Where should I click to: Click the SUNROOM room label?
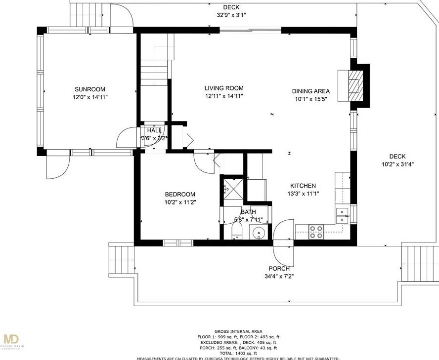click(x=90, y=89)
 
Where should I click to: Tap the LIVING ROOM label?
click(x=224, y=88)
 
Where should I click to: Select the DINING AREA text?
click(x=310, y=91)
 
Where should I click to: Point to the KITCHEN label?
click(x=303, y=186)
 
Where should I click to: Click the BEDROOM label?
click(x=179, y=194)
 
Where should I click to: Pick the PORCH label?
click(x=279, y=269)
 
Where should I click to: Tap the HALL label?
click(x=154, y=130)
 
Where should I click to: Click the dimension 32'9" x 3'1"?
click(x=231, y=15)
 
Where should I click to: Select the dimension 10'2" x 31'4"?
click(x=397, y=164)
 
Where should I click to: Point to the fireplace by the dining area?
click(x=354, y=84)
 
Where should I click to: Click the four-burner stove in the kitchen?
click(x=316, y=232)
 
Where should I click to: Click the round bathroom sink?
click(x=258, y=233)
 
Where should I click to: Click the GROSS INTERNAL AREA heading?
click(x=238, y=331)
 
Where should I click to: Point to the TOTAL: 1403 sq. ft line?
click(x=238, y=353)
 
